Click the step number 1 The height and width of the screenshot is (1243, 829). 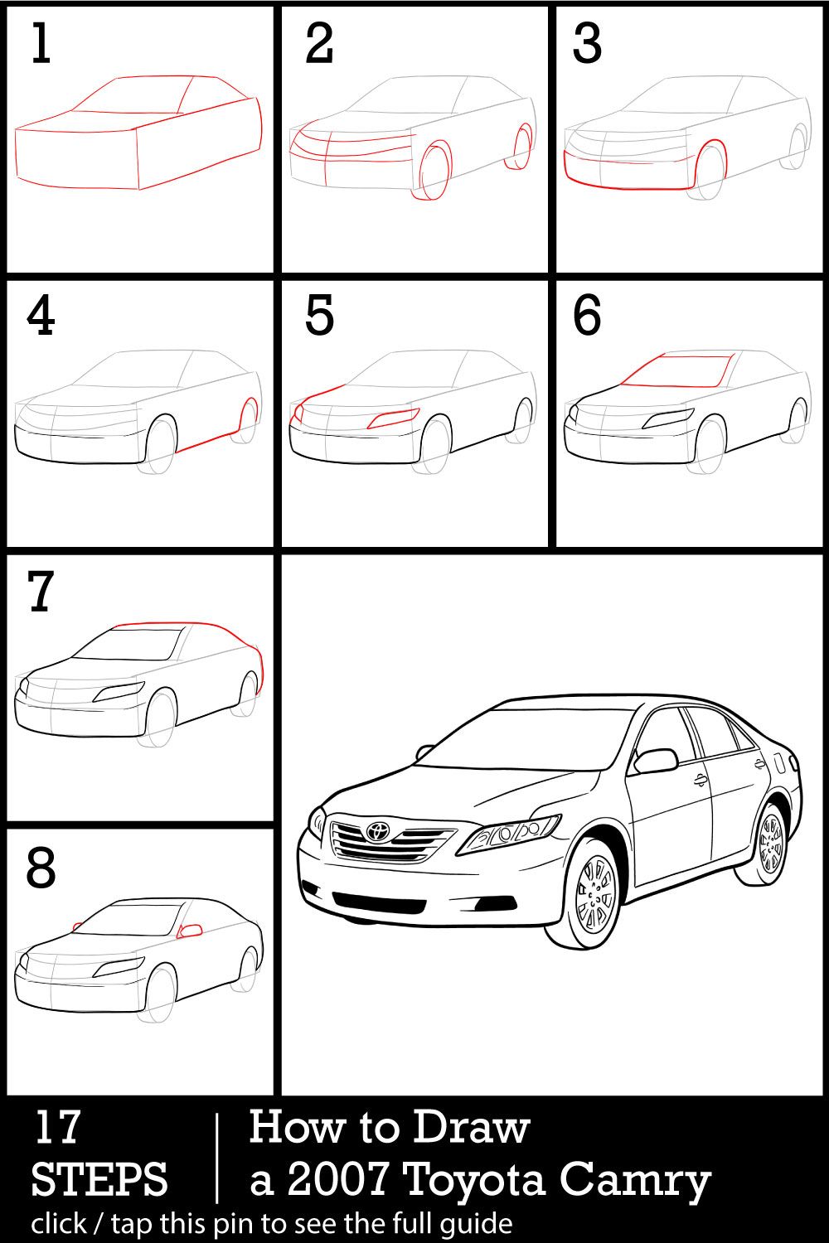coord(41,44)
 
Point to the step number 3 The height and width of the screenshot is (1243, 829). coord(587,44)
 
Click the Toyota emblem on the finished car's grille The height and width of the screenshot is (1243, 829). coord(378,830)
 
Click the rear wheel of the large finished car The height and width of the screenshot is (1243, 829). coord(771,843)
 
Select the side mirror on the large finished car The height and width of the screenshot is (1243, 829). coord(655,760)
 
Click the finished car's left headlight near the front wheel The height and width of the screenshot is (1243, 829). coord(510,832)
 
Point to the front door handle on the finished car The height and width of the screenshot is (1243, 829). coord(701,780)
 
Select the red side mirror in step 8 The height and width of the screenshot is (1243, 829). coord(191,931)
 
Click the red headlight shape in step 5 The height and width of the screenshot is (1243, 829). coord(394,418)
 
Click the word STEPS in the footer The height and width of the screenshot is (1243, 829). coord(99,1179)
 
